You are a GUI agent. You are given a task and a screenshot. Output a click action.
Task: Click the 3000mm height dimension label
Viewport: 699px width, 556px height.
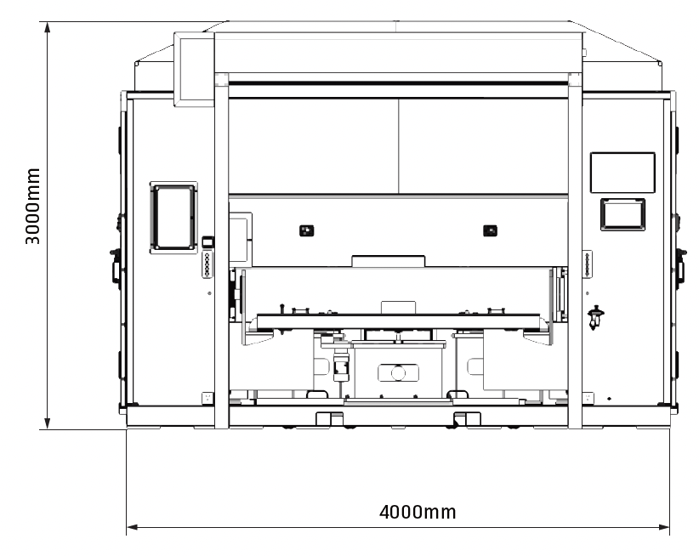(x=32, y=207)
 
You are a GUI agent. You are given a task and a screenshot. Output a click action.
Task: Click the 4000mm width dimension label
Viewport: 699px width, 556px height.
(x=418, y=513)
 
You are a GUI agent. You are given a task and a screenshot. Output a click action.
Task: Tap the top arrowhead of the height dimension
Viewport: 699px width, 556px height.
(x=48, y=26)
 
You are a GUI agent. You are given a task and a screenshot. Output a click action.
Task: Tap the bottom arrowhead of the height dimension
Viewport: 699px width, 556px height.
(x=48, y=423)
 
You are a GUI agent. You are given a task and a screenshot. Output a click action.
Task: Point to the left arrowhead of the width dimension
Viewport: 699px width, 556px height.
(x=133, y=527)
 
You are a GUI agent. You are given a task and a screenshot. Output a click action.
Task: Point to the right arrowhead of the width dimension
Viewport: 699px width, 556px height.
(x=664, y=527)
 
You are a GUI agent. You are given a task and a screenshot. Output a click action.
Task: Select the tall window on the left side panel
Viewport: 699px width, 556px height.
(x=173, y=218)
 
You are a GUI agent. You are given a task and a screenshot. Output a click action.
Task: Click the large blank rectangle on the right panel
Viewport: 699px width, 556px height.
(x=622, y=173)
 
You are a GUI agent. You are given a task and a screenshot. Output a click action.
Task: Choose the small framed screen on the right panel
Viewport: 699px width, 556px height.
(x=622, y=214)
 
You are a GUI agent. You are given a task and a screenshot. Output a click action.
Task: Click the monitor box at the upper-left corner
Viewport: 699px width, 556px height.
(x=194, y=69)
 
